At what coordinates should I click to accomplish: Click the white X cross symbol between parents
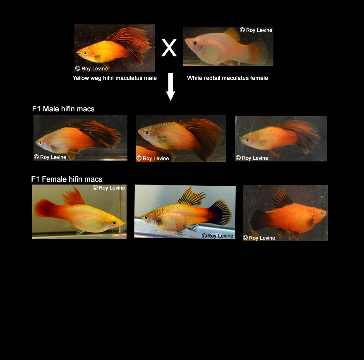(x=169, y=48)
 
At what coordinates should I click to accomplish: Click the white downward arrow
(x=170, y=86)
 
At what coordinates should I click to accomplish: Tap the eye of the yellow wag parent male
(x=86, y=53)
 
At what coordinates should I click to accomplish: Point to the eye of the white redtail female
(x=195, y=43)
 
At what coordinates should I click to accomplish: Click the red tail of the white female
(x=258, y=53)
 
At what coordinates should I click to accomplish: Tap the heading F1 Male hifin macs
(x=63, y=109)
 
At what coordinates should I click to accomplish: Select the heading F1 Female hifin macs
(x=67, y=179)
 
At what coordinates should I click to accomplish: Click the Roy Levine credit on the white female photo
(x=256, y=30)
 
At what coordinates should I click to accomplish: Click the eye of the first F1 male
(x=41, y=143)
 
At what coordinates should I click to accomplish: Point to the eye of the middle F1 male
(x=147, y=133)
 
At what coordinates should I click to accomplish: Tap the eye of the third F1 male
(x=247, y=140)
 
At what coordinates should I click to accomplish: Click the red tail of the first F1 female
(x=43, y=208)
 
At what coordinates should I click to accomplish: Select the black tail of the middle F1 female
(x=221, y=212)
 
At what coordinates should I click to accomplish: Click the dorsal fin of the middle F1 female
(x=191, y=197)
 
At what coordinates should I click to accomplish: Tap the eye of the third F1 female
(x=323, y=214)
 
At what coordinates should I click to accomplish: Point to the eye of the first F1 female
(x=114, y=223)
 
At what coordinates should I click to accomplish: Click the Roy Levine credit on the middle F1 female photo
(x=218, y=236)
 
